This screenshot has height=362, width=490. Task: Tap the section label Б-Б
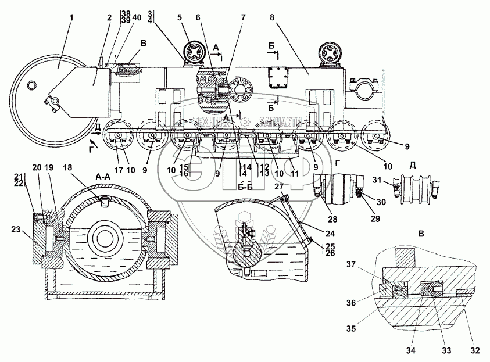tap(247, 187)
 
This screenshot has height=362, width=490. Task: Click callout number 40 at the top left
tap(136, 17)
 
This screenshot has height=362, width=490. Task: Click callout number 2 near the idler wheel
tap(108, 18)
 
